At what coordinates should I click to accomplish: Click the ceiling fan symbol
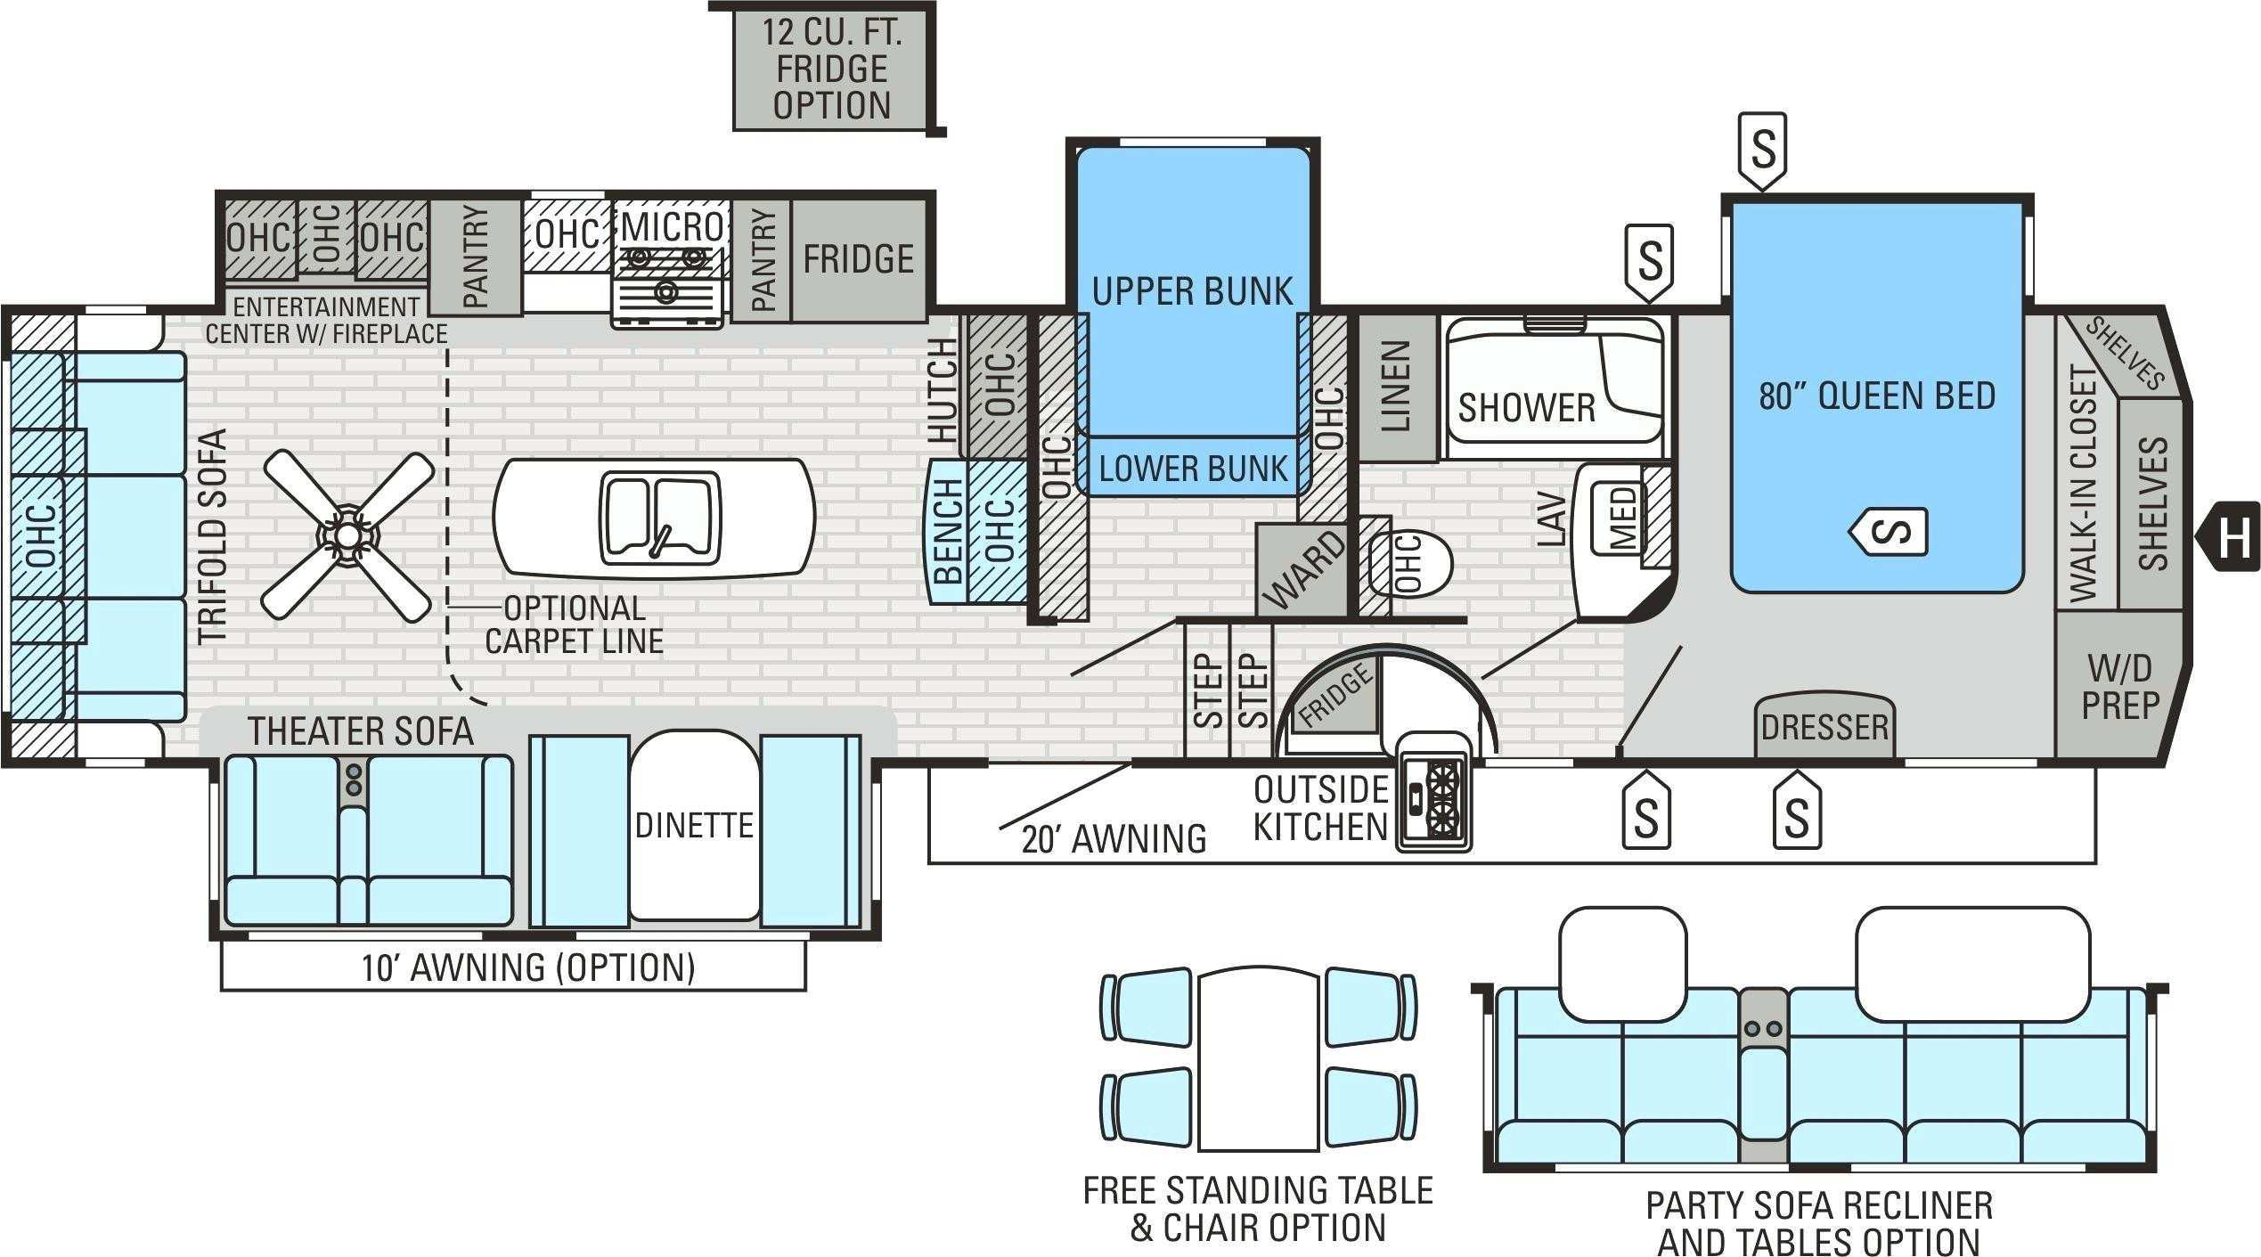click(348, 535)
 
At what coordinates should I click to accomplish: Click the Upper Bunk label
click(1192, 291)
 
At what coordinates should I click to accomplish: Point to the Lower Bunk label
click(1193, 469)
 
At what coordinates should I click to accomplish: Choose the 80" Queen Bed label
click(1877, 396)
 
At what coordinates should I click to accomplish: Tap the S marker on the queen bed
click(1889, 532)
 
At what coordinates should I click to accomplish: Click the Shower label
click(1527, 408)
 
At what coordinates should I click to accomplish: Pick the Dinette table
click(695, 825)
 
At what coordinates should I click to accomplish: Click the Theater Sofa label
click(361, 731)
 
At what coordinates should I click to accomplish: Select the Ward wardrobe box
click(1301, 569)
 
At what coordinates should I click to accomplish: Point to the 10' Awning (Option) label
click(527, 967)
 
